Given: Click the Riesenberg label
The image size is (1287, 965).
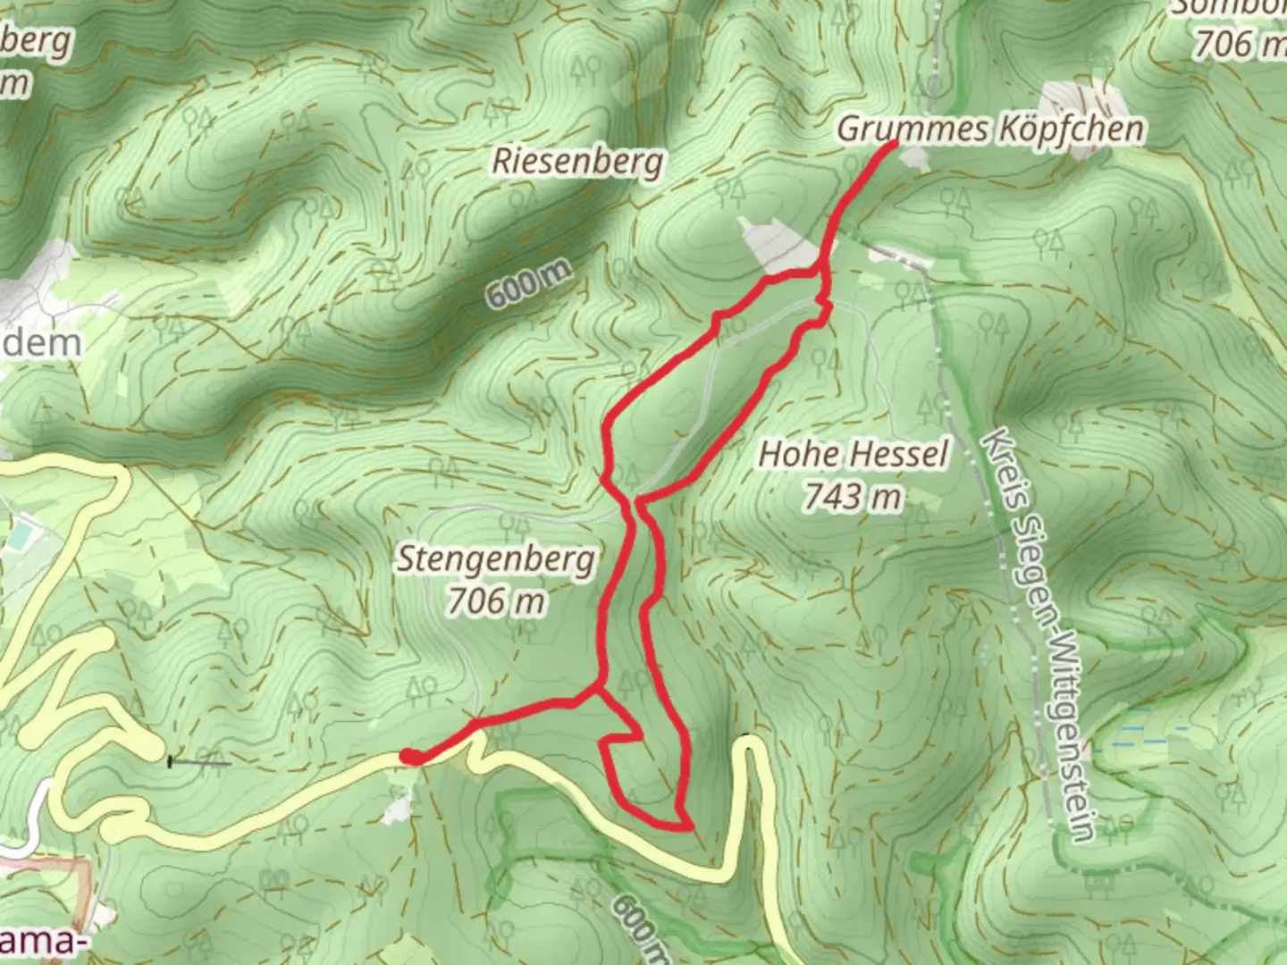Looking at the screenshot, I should click(578, 162).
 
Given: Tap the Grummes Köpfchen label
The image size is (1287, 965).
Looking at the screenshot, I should click(989, 130).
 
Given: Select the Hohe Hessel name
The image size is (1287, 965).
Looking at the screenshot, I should click(853, 454).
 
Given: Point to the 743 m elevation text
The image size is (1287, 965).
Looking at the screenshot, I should click(852, 496).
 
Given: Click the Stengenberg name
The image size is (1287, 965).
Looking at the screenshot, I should click(496, 559).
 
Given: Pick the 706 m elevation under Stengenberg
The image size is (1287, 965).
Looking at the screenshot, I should click(496, 601).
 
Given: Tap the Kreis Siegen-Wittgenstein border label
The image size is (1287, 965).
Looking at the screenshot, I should click(1037, 634).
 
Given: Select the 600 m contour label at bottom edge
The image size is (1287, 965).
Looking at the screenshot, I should click(640, 929).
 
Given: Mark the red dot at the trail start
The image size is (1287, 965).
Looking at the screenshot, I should click(410, 758).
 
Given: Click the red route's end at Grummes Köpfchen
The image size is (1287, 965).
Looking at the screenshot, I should click(892, 144).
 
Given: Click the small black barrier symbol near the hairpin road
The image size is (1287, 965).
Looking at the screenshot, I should click(171, 762).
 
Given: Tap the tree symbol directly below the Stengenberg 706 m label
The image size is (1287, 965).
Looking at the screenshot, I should click(526, 631).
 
